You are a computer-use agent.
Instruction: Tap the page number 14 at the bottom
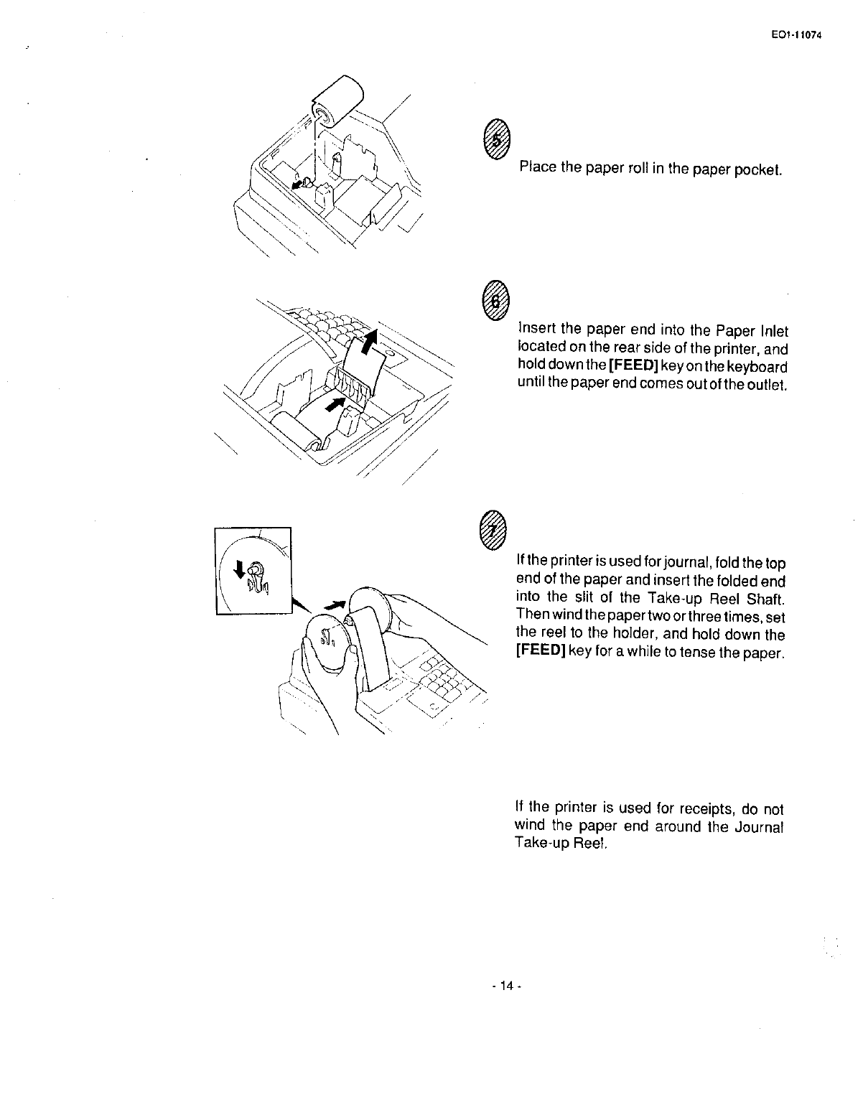tap(505, 986)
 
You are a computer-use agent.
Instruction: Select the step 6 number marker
tap(495, 299)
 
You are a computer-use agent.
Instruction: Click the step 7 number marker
tap(495, 531)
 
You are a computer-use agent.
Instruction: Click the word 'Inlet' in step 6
tap(773, 332)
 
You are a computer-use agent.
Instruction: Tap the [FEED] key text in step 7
tap(540, 652)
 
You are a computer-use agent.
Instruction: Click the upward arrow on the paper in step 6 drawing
tap(369, 342)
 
